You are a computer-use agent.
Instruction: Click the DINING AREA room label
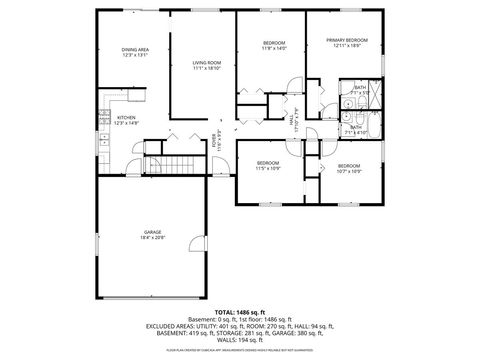135,50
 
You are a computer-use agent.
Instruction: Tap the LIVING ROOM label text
206,63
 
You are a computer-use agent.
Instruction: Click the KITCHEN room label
127,118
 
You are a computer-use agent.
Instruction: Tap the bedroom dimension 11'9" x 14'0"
275,48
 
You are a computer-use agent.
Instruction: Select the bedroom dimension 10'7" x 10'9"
348,171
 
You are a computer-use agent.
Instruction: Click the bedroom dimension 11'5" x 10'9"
267,168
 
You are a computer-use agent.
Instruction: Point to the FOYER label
215,142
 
